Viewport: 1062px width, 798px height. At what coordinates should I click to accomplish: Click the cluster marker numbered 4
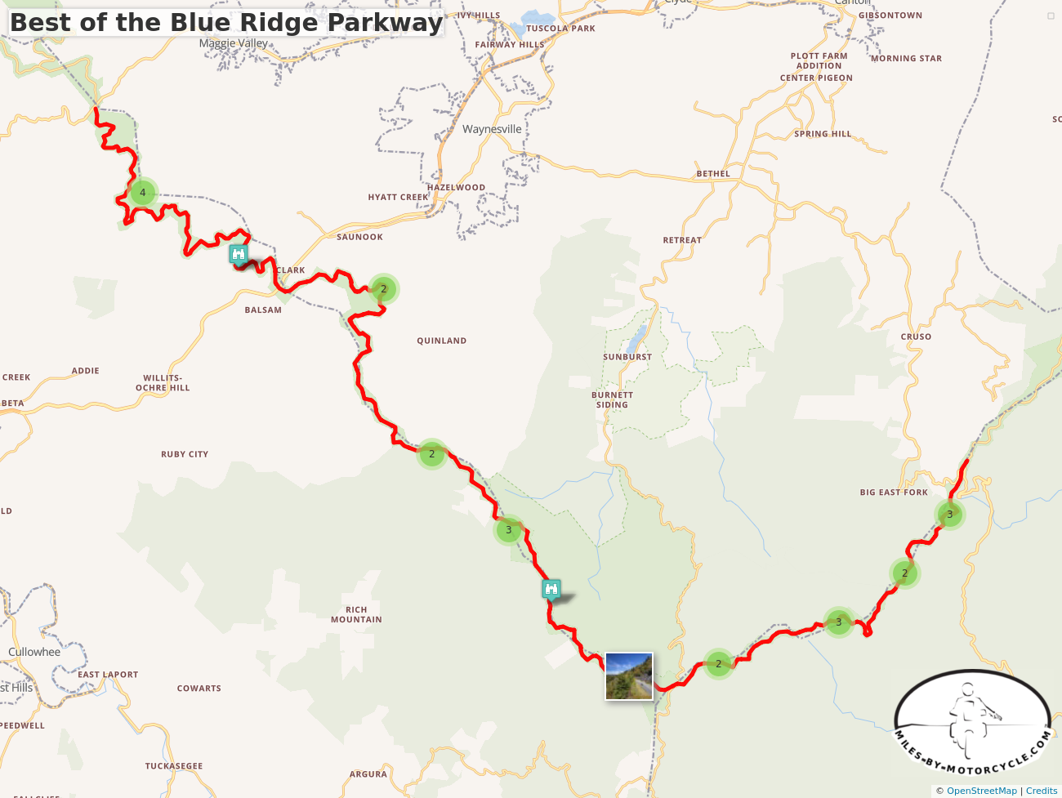143,193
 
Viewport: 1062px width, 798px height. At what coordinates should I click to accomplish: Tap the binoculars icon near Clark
238,254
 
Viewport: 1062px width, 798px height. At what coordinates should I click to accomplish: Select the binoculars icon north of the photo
551,588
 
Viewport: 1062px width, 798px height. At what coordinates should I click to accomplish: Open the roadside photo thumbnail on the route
629,675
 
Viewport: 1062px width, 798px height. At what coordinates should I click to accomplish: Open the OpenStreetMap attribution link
981,791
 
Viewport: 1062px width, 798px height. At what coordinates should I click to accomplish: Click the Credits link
1042,791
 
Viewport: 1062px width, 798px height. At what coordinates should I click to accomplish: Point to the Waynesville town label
492,129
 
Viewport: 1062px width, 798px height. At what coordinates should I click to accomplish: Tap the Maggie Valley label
234,43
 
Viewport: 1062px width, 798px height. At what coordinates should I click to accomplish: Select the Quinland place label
441,341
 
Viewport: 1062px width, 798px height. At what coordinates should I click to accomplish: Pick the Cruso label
916,337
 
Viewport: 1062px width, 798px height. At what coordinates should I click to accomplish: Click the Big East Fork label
894,493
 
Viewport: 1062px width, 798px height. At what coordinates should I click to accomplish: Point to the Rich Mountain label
356,614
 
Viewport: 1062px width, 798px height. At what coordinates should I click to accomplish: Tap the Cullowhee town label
34,652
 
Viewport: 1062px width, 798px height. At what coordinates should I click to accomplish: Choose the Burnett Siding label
612,399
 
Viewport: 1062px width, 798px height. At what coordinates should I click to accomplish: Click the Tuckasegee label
173,766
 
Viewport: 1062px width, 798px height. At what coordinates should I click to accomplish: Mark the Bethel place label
713,174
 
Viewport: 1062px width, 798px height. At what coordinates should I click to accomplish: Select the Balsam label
263,310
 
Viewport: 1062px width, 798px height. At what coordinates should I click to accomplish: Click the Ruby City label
185,454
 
